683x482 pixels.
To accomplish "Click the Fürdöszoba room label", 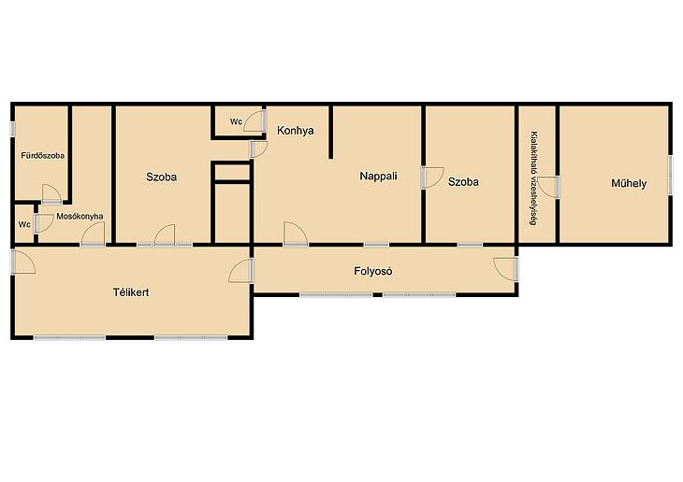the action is tap(43, 155).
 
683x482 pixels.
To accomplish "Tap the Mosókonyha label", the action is tap(80, 216).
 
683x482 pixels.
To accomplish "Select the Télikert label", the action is tap(131, 291).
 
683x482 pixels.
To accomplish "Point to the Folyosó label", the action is tap(373, 271).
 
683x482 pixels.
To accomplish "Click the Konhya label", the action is tap(296, 131).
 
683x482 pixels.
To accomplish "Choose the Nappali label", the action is tap(379, 177).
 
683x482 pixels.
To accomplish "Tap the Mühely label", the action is tap(629, 183).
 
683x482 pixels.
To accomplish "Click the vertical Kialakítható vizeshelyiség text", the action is tap(534, 178).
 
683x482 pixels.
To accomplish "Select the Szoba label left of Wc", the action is tap(161, 177).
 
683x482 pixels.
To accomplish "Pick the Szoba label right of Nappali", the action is tap(463, 182).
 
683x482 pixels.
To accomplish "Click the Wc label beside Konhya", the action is tap(236, 121).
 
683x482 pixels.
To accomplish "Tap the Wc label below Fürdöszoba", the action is tap(24, 224).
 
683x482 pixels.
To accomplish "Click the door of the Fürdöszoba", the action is tap(51, 194).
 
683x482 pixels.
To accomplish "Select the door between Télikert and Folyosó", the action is tap(240, 271).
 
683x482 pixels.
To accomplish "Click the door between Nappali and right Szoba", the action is tap(432, 177).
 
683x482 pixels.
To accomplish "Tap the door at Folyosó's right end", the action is tap(506, 269).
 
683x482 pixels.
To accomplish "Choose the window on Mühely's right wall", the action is tap(670, 176).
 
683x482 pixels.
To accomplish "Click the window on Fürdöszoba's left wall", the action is tap(13, 129).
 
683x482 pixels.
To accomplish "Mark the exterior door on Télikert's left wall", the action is tap(23, 262).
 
